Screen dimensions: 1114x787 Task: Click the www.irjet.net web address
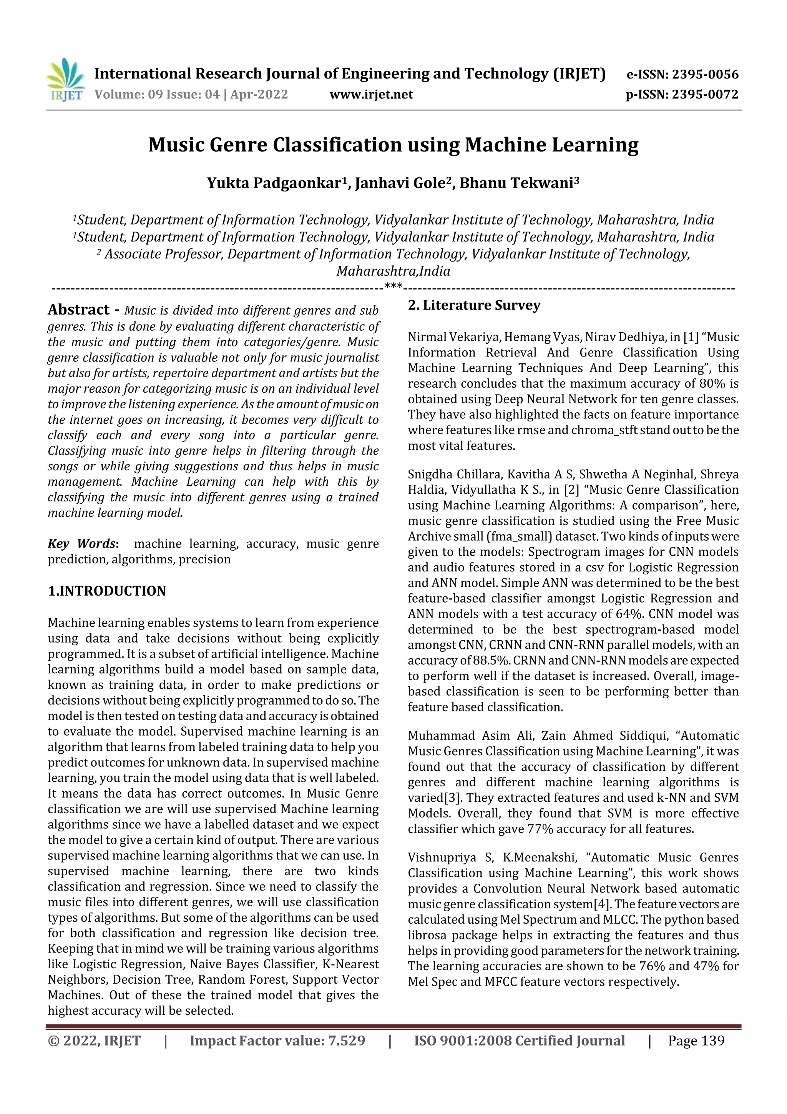[x=371, y=95]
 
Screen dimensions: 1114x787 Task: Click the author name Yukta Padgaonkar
[x=274, y=183]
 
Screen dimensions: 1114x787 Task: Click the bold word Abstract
[x=78, y=310]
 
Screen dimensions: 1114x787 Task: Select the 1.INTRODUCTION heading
[x=107, y=591]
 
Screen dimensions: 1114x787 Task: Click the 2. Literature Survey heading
[x=474, y=305]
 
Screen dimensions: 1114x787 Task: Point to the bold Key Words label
[x=82, y=543]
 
